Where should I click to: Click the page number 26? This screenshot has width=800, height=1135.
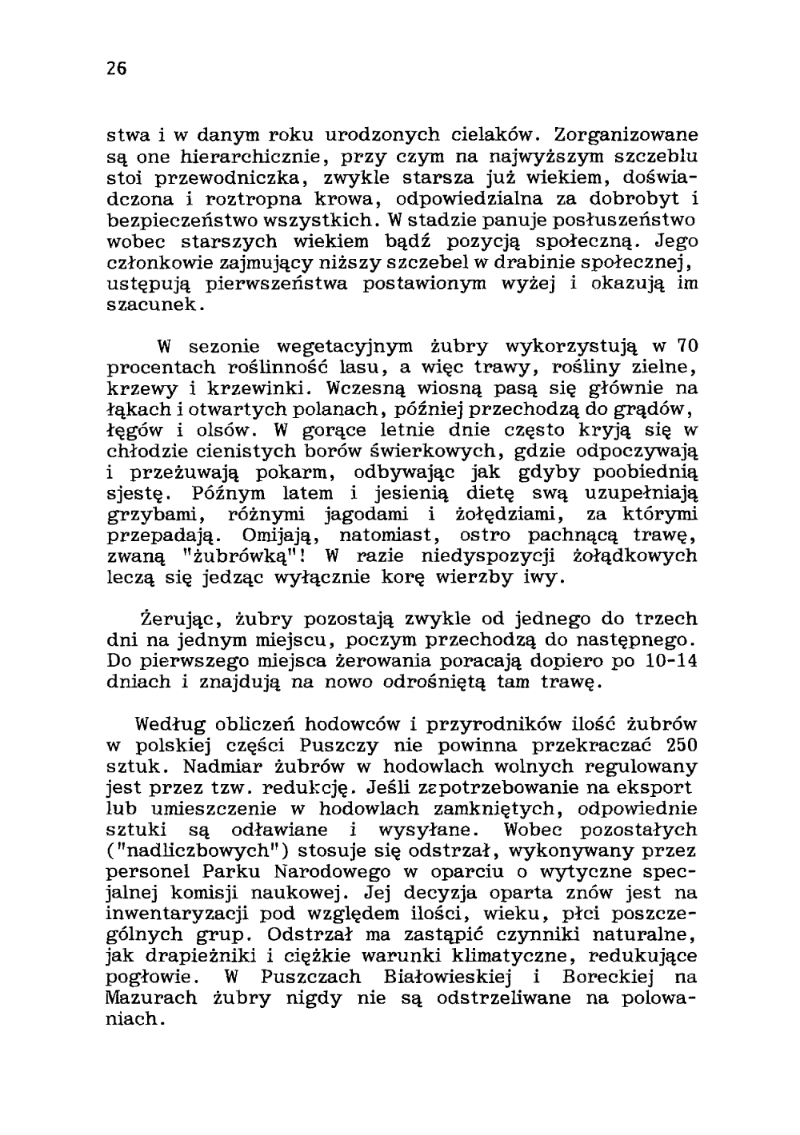pyautogui.click(x=117, y=69)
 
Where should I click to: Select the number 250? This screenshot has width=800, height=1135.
pyautogui.click(x=679, y=746)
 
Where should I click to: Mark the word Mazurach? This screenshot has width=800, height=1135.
pyautogui.click(x=151, y=998)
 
